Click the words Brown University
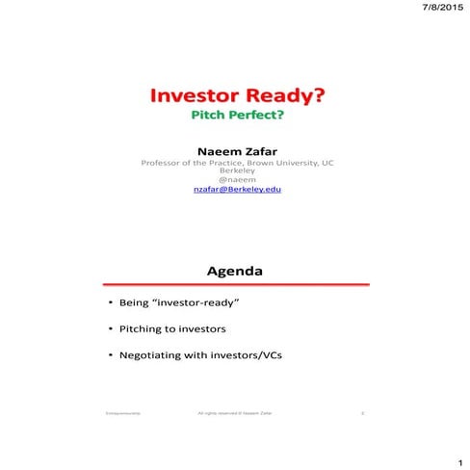282,164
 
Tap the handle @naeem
236,181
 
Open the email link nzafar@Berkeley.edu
236,191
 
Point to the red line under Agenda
236,284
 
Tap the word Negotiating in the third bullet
149,354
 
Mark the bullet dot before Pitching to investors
109,328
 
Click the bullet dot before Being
109,303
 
